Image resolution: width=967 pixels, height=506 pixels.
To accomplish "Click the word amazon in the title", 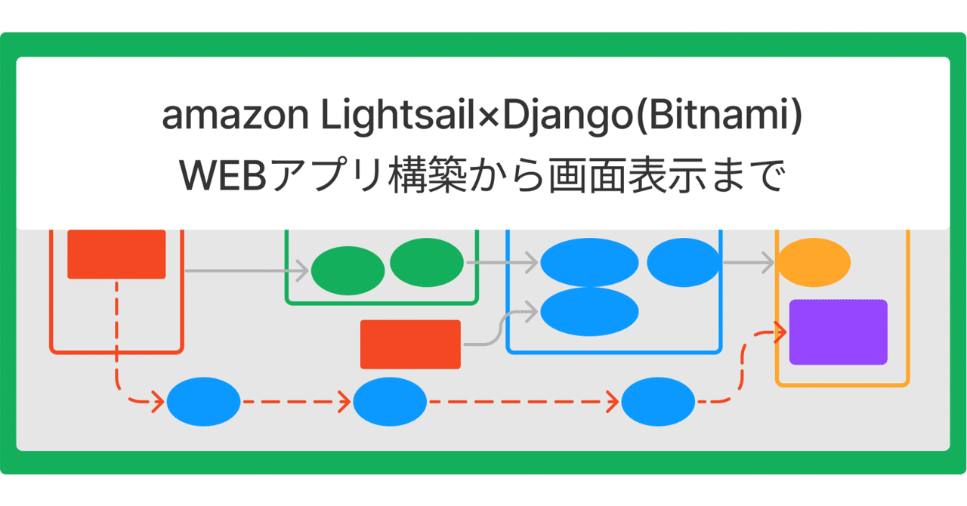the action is coord(235,115).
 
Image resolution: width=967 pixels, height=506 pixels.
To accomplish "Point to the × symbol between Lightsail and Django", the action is coord(489,117).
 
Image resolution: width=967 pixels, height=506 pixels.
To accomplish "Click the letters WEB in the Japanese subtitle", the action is coord(223,176).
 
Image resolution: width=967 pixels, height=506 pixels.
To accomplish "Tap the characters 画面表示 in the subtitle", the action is coord(628,176).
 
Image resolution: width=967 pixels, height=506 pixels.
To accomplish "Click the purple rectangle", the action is coord(839,332).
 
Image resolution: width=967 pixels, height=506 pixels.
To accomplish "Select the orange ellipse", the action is coord(814,263).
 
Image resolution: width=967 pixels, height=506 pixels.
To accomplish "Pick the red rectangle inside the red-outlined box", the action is coord(116,255).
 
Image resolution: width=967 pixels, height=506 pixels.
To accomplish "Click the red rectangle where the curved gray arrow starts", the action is coord(410,344).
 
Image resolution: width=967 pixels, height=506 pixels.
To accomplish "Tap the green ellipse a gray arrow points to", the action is coord(348,270).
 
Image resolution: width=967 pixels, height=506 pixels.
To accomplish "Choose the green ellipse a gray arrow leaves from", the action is coord(427,263).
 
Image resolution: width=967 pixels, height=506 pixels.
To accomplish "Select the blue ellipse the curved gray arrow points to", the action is coord(590,312).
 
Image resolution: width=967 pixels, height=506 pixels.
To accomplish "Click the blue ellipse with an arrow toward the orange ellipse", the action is coord(684,263).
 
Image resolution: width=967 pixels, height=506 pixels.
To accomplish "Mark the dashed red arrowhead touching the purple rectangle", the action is coord(780,332).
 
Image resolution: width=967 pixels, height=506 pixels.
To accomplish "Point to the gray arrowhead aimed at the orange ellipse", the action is coord(768,263).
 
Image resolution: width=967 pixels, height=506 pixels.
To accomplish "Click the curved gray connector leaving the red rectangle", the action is coord(500,328).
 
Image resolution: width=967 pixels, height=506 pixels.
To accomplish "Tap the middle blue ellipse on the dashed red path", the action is coord(391,402).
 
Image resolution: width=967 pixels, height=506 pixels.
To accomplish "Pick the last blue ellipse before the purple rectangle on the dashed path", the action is coord(658,402).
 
